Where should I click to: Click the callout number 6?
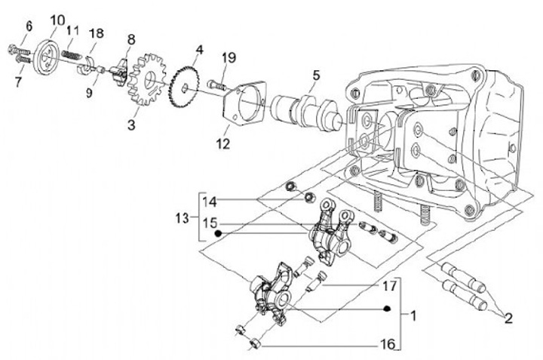pos(29,26)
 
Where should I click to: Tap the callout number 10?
pos(58,19)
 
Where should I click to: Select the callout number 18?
pos(97,33)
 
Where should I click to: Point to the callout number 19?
pos(229,57)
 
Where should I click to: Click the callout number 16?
pos(388,344)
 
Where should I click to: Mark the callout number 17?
pos(388,286)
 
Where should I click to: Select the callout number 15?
pos(210,224)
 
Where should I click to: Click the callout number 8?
pos(131,39)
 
